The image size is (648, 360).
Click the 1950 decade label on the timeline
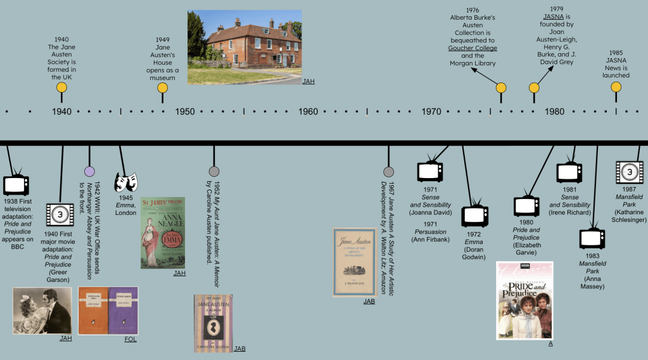185,112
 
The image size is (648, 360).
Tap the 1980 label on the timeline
554,112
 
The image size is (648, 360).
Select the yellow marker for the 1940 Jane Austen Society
61,88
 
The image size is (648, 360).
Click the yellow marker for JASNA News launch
616,88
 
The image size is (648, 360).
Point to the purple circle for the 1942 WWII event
89,171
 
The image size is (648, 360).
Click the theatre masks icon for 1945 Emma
125,182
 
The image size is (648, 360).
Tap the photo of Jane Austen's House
244,48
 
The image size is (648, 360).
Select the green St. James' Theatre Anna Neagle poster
163,233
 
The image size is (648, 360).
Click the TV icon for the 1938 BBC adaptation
16,184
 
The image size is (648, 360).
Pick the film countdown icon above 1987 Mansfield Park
630,172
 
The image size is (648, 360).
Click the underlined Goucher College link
473,48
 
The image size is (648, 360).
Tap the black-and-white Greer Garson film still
42,311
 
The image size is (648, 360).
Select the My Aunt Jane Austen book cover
213,323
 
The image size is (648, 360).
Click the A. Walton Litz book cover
355,262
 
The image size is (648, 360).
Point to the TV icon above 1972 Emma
474,215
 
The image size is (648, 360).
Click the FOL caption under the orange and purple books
131,339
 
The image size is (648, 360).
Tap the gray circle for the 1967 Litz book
388,171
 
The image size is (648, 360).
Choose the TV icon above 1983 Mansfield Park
593,238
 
